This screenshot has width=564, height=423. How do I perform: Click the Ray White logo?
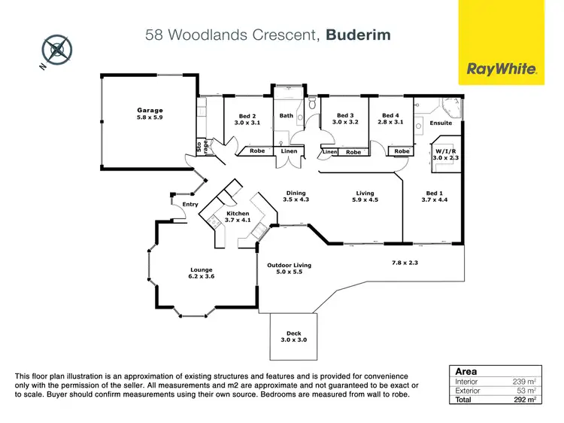click(502, 68)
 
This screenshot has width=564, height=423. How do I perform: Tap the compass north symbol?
click(57, 50)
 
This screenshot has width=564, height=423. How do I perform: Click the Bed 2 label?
click(247, 117)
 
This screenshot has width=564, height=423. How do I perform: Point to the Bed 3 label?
click(346, 116)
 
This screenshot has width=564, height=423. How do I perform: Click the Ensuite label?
click(441, 123)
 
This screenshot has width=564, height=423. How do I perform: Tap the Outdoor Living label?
click(289, 266)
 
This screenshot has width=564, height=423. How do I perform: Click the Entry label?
click(190, 204)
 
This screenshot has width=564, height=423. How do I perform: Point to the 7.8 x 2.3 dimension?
click(404, 263)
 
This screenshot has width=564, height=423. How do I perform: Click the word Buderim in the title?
click(358, 34)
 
